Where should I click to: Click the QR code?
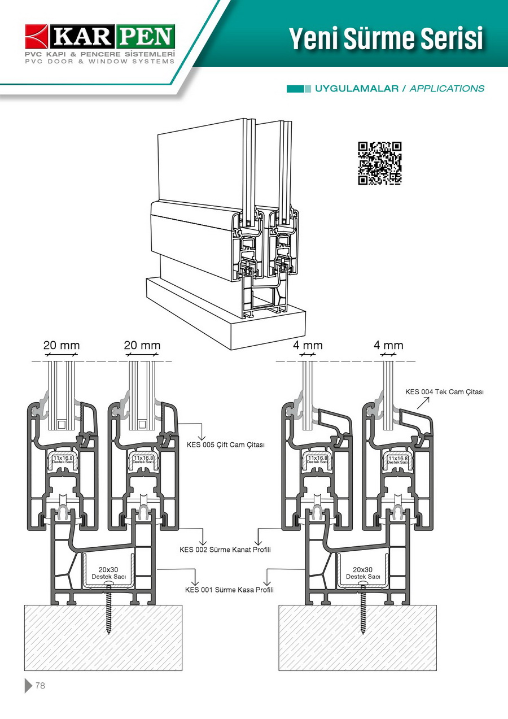click(379, 163)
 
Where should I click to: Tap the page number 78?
click(40, 686)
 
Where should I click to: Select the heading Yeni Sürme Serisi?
click(386, 38)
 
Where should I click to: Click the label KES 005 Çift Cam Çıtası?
click(226, 445)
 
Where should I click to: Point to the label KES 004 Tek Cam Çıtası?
click(445, 392)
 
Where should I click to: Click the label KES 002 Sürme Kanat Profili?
click(225, 550)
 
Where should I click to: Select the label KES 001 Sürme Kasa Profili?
click(229, 590)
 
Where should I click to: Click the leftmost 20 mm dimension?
click(62, 346)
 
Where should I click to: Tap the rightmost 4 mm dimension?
click(388, 346)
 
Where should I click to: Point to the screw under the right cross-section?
click(363, 613)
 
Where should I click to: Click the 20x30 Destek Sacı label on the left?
click(108, 573)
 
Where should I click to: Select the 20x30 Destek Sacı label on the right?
click(362, 573)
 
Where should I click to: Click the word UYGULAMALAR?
click(357, 89)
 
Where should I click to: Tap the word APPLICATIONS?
click(446, 89)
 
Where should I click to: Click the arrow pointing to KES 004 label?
click(422, 402)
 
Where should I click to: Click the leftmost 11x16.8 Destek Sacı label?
click(63, 460)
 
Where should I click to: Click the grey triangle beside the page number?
click(28, 686)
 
